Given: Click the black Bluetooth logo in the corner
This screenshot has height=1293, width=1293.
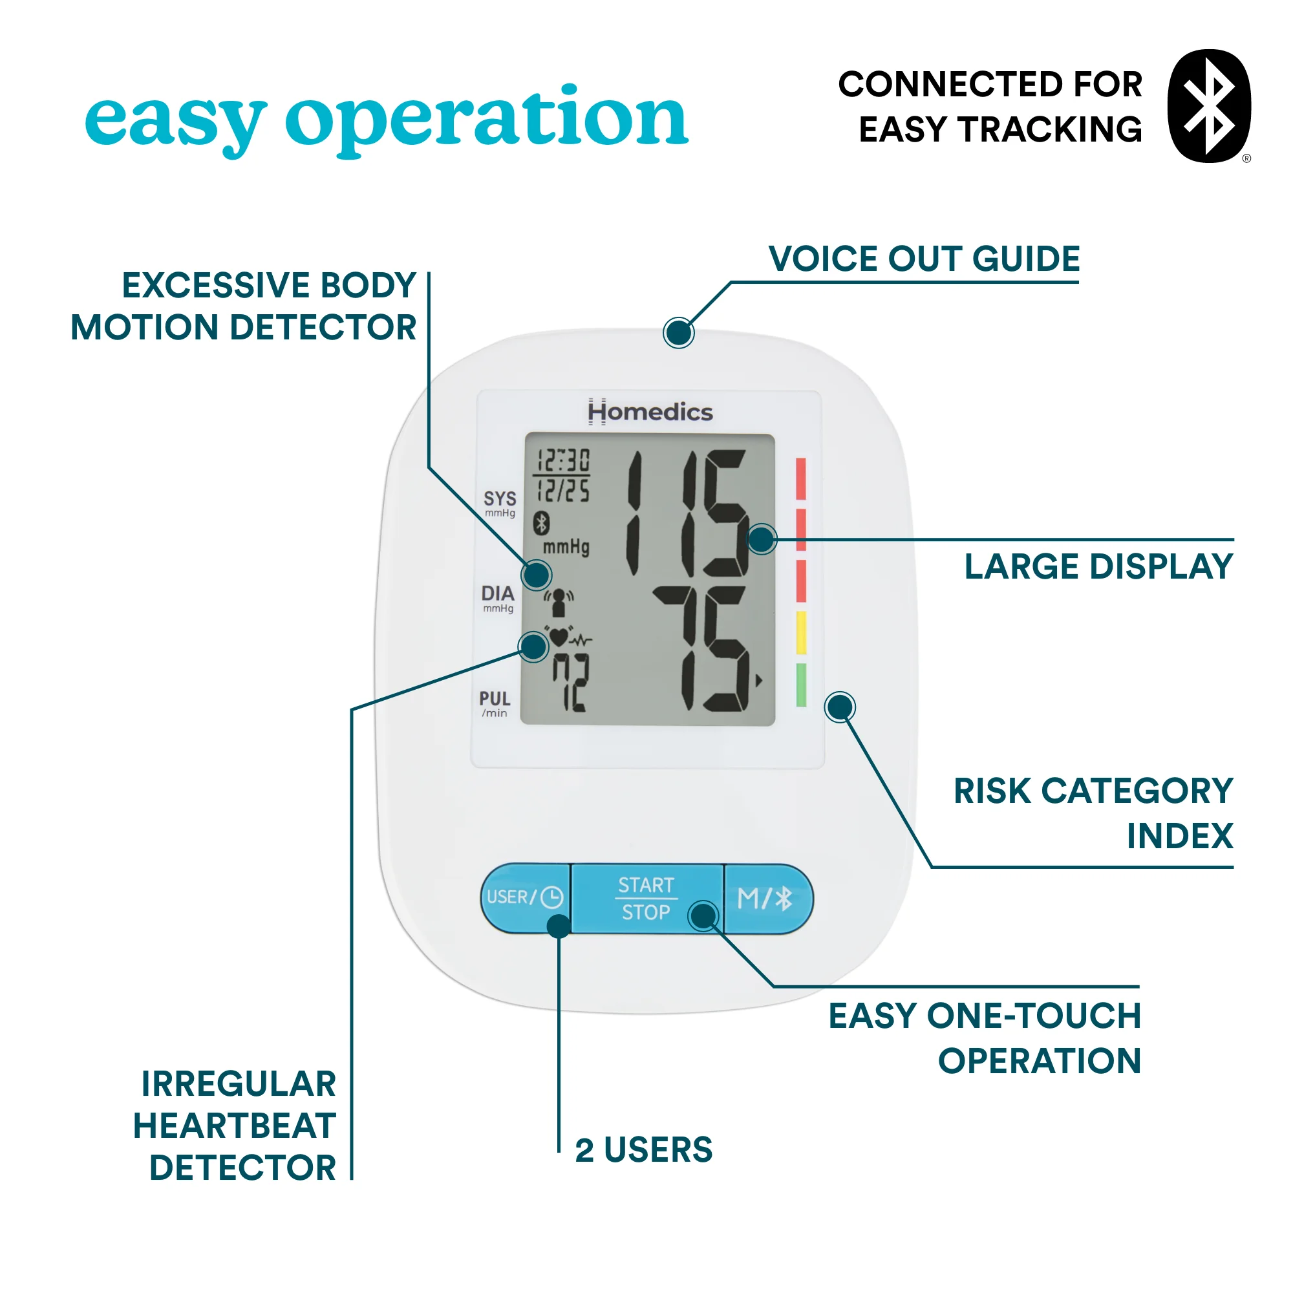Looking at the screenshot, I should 1208,106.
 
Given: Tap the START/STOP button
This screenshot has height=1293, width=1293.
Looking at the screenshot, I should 646,899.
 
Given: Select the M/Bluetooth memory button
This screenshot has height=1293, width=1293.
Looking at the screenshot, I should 765,899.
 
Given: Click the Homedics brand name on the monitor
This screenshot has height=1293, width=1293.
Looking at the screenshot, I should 650,412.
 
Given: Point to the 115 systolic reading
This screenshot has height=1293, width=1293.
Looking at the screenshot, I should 686,513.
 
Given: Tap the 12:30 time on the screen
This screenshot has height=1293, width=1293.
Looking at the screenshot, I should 564,460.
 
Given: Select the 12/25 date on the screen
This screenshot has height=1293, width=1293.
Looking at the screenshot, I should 564,491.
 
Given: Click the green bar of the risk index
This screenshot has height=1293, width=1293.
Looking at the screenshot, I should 801,685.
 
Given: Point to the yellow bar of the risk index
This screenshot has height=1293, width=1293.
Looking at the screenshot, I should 801,632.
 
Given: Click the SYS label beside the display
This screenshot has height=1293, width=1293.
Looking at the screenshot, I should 500,498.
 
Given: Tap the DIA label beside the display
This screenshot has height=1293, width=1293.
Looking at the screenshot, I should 498,593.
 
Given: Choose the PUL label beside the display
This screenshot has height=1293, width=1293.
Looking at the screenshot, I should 495,699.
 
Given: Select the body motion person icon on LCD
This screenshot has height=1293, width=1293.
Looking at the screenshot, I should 559,602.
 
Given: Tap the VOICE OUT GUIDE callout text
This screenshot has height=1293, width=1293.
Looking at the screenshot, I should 924,259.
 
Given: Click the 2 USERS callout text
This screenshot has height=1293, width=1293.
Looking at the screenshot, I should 644,1149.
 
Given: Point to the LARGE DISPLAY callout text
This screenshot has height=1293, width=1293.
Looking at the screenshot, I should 1098,566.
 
